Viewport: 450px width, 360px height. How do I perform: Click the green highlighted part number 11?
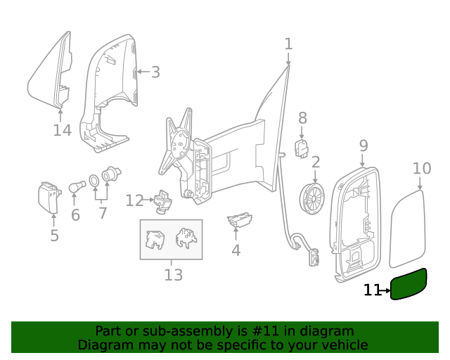(x=409, y=285)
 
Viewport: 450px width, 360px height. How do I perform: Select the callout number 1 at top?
(x=288, y=44)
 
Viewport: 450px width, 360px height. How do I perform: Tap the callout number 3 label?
(x=155, y=72)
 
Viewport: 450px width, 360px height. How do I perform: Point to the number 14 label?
(x=62, y=130)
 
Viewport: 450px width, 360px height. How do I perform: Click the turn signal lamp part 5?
(x=50, y=198)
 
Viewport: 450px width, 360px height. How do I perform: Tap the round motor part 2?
(x=313, y=198)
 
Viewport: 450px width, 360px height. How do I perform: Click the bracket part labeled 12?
(x=162, y=202)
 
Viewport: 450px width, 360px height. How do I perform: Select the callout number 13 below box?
(x=173, y=275)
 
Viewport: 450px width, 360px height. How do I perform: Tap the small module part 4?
(x=240, y=220)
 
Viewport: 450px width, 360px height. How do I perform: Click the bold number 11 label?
(x=372, y=290)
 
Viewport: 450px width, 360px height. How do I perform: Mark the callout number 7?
(x=103, y=212)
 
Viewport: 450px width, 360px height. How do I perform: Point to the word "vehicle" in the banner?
(x=343, y=345)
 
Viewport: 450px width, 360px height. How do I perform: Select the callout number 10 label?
(x=421, y=168)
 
